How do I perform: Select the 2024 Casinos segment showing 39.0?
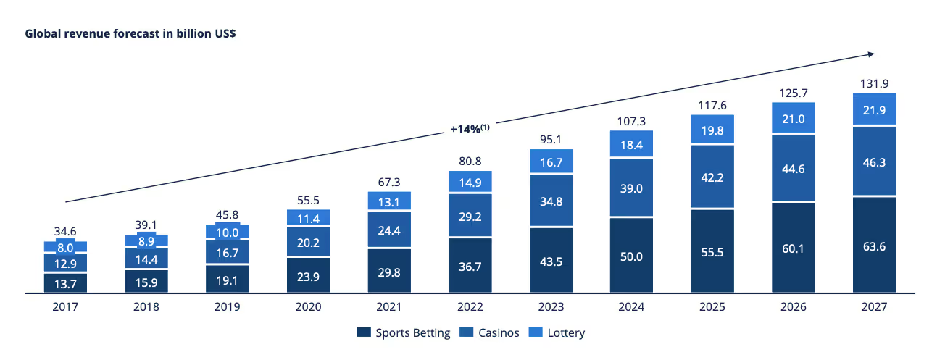click(632, 187)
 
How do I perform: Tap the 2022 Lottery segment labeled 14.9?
click(470, 182)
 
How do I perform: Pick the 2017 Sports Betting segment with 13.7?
click(65, 282)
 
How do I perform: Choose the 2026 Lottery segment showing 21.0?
click(793, 118)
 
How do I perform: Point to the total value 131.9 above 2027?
click(873, 83)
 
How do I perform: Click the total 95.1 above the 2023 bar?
click(551, 139)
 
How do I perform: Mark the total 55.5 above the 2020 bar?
click(309, 199)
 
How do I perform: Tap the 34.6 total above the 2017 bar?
click(65, 231)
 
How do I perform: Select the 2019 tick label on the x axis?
click(228, 307)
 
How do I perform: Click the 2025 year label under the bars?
click(712, 307)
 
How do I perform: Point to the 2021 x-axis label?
click(389, 307)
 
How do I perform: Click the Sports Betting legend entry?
click(404, 333)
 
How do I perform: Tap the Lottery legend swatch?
click(538, 333)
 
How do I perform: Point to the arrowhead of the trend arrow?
click(872, 53)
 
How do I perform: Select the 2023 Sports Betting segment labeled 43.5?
click(551, 260)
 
